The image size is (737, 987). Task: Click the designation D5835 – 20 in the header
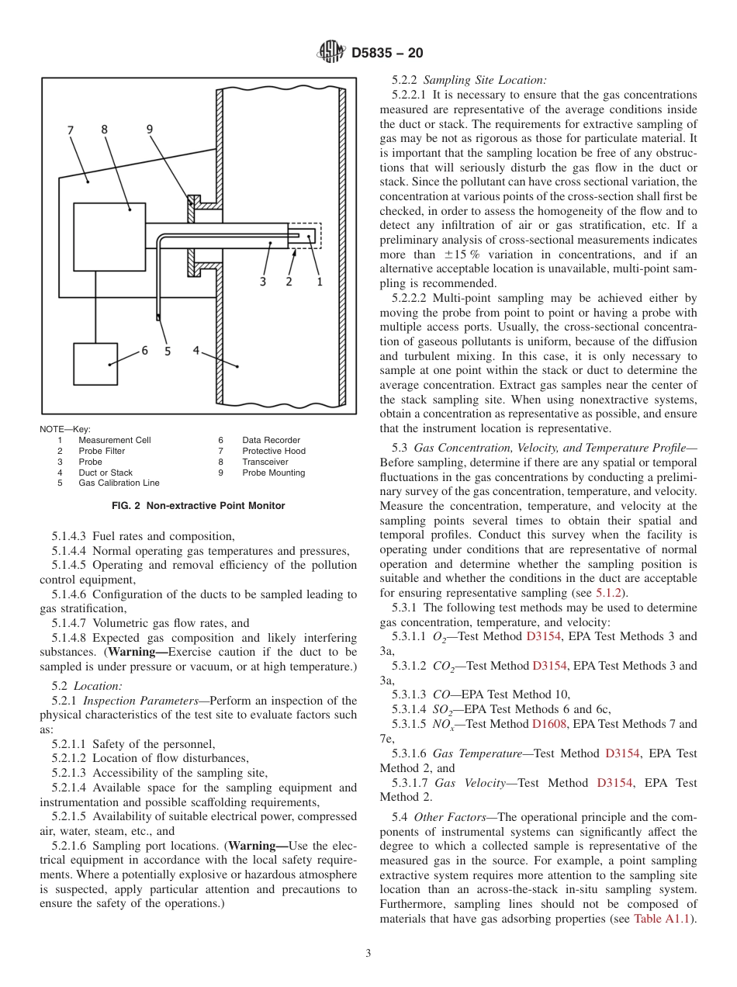tap(387, 54)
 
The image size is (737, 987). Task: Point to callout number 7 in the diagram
tap(71, 130)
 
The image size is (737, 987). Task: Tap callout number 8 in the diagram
tap(105, 130)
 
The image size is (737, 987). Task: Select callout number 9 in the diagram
tap(150, 130)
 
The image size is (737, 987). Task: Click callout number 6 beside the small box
tap(144, 351)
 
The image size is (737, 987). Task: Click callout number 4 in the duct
tap(197, 351)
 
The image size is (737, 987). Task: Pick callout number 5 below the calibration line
tap(168, 352)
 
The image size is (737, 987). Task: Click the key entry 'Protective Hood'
tap(273, 451)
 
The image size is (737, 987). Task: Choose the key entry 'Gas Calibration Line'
tap(119, 483)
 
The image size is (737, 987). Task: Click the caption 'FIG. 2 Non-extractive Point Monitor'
tap(199, 506)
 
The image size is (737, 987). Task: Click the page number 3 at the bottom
tap(368, 954)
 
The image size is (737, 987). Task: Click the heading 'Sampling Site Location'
tap(484, 79)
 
